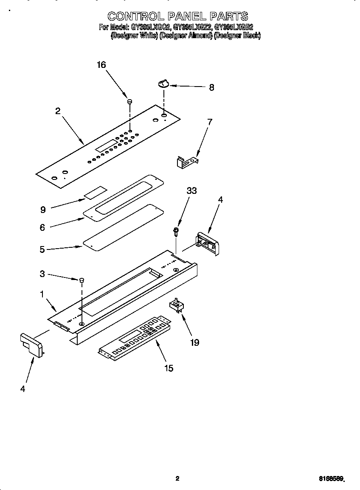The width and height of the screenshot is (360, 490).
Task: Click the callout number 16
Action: [x=101, y=65]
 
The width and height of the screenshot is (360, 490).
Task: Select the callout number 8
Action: [x=211, y=88]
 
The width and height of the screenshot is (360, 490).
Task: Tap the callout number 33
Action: [x=191, y=191]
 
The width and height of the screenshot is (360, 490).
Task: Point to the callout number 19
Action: [x=194, y=342]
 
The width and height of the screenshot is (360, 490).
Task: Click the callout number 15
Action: [x=169, y=368]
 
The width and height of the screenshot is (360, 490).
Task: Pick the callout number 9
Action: [x=42, y=209]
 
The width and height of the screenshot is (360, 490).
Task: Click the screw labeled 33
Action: [x=175, y=231]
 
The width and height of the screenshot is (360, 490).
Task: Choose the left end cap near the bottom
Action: [x=31, y=344]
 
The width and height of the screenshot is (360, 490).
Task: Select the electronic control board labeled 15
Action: [x=135, y=339]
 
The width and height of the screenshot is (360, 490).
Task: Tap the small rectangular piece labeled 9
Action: [x=95, y=193]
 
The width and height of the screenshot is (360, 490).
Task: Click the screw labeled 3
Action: [x=82, y=280]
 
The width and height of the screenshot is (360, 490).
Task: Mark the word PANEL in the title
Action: [x=185, y=16]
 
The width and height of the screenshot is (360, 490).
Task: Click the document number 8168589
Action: [x=331, y=479]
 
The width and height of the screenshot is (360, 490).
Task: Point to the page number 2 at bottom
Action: [x=178, y=479]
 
